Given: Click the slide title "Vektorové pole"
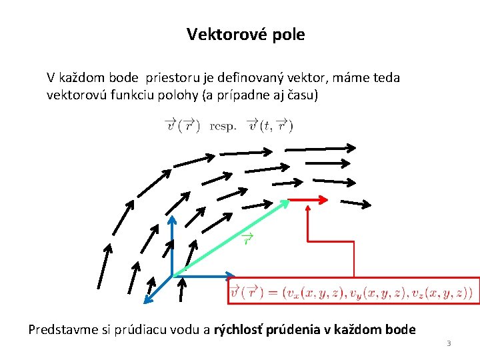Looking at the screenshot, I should (245, 35).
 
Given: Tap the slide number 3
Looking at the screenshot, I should (449, 343).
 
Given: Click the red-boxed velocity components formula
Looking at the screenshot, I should (353, 291).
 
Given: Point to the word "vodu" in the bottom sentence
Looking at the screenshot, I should (169, 329).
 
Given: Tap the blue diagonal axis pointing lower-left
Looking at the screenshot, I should (158, 288).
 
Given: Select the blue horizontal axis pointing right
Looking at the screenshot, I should (203, 275).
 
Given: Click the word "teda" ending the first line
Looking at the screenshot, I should (387, 78).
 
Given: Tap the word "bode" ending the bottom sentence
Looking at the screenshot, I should (400, 329).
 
